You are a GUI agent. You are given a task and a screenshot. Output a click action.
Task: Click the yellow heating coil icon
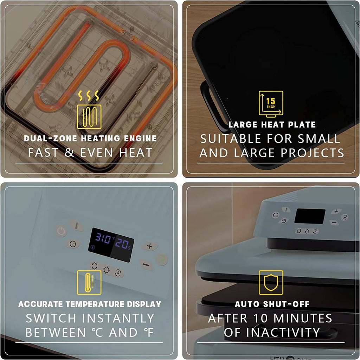tap(89, 110)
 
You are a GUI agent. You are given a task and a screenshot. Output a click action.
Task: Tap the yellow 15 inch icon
tap(271, 104)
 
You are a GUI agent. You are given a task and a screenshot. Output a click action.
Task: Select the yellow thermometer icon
tap(89, 282)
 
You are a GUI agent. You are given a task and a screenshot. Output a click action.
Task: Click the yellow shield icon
tap(271, 282)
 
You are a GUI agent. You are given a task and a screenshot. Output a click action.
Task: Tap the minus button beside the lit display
tap(146, 265)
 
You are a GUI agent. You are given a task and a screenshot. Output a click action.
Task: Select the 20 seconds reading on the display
tap(122, 244)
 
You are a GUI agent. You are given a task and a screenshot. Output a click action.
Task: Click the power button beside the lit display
tap(61, 231)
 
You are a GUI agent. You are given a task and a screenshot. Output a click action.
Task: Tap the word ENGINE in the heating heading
tap(140, 139)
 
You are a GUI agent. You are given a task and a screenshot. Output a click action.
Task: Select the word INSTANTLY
tap(118, 318)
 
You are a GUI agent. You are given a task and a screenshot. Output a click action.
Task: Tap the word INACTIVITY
tap(272, 333)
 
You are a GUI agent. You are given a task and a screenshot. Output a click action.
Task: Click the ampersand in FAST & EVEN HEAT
tap(69, 153)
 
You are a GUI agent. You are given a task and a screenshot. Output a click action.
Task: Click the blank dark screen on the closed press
tap(310, 216)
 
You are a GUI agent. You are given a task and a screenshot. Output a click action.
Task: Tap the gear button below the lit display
tap(106, 270)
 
